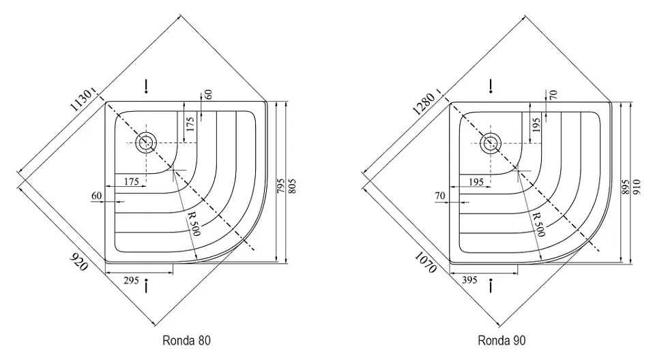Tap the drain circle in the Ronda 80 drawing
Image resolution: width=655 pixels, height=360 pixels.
point(145,142)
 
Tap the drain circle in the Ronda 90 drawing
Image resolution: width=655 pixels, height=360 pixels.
point(490,142)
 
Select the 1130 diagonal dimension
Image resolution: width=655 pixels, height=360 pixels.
point(80,105)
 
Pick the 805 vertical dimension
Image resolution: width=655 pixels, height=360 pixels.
point(293,183)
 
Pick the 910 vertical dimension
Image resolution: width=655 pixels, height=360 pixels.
point(637,183)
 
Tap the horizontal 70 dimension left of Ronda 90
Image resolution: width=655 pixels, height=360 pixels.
point(439,196)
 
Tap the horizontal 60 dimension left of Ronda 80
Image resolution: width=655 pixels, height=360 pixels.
point(96,196)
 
